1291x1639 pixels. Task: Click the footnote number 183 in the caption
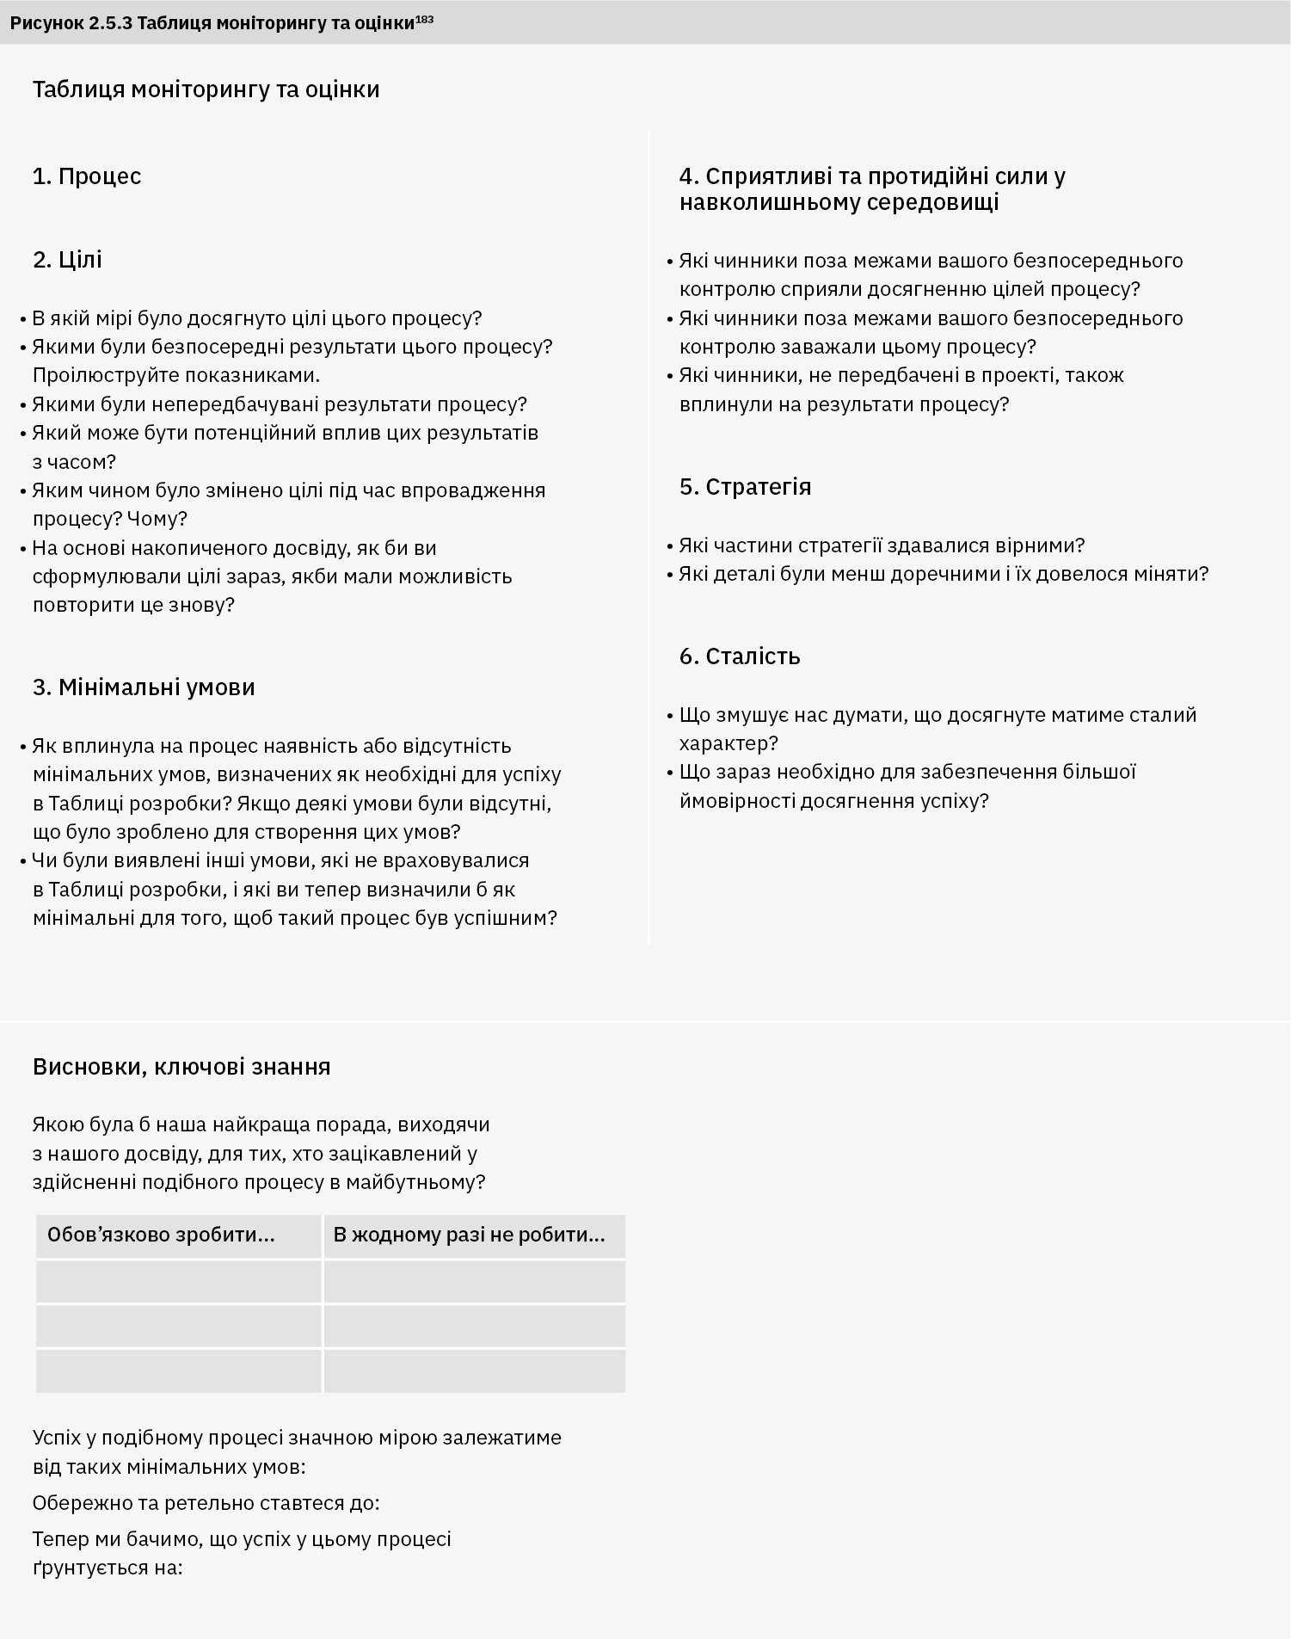click(x=424, y=18)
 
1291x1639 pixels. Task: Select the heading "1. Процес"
click(x=87, y=176)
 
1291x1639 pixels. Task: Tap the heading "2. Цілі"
click(x=67, y=260)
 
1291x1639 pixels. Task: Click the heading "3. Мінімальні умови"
click(x=144, y=687)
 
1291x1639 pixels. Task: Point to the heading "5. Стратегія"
click(x=745, y=487)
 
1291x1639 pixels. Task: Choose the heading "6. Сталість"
click(x=740, y=656)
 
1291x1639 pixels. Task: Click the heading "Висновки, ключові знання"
click(x=181, y=1067)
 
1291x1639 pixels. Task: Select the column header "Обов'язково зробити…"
click(x=161, y=1235)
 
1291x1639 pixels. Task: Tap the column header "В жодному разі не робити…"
click(x=469, y=1235)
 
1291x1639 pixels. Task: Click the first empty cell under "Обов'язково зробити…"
click(x=179, y=1281)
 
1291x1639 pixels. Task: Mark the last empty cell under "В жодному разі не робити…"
click(x=475, y=1371)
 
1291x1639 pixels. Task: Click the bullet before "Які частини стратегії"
click(x=670, y=546)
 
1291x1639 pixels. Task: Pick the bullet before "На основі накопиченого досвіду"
click(x=23, y=549)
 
